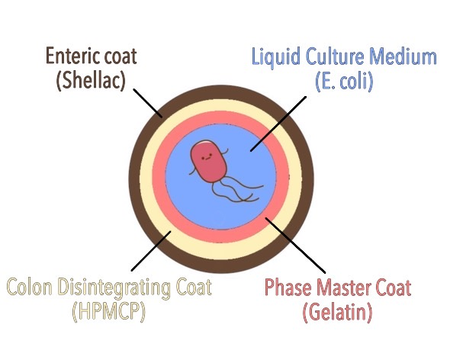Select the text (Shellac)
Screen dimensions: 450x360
(91, 81)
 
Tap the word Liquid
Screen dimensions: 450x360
(276, 57)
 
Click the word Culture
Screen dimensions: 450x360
(335, 56)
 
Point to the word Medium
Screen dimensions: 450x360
(403, 56)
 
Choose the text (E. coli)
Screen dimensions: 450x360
(345, 82)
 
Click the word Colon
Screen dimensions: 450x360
(30, 287)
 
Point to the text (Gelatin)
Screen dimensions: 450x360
(337, 312)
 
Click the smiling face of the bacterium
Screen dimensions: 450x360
(207, 158)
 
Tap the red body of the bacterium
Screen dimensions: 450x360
(209, 162)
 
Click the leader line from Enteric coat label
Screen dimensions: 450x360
(148, 104)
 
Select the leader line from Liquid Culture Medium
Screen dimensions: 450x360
(278, 124)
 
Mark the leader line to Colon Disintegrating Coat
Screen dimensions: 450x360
(151, 251)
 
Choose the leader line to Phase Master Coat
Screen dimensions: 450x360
(295, 245)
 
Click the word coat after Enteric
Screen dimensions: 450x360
(121, 56)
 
